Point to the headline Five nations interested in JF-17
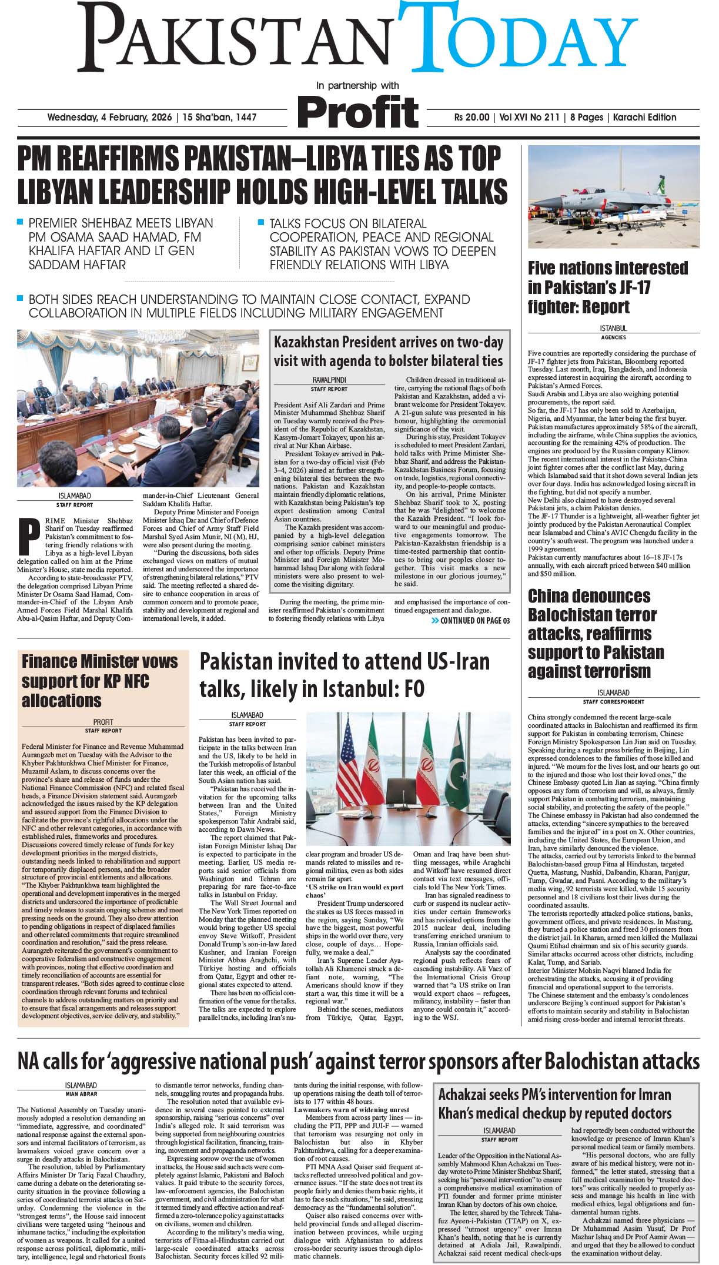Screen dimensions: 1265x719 pyautogui.click(x=607, y=287)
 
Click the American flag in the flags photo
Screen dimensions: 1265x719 pyautogui.click(x=353, y=764)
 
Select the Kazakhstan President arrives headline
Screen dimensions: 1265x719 pyautogui.click(x=388, y=351)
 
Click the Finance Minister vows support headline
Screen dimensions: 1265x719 pyautogui.click(x=99, y=681)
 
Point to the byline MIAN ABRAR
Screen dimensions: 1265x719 pyautogui.click(x=81, y=1094)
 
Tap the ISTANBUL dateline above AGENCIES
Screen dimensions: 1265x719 pyautogui.click(x=613, y=329)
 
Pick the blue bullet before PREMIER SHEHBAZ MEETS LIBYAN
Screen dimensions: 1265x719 pyautogui.click(x=20, y=222)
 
